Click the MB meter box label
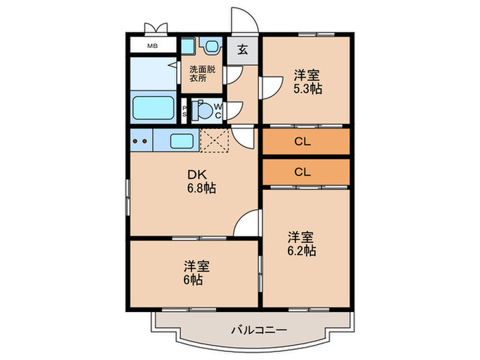[x=152, y=47]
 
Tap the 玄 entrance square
[x=243, y=50]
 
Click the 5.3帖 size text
[x=308, y=88]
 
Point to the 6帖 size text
[x=193, y=280]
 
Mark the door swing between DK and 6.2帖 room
[x=249, y=223]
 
